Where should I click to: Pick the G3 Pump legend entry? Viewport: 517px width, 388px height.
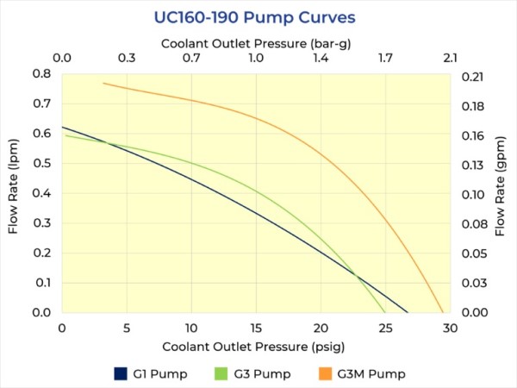252,374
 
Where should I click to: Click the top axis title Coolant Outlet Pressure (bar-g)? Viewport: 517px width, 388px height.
256,42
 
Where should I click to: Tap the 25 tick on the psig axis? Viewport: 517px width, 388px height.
385,328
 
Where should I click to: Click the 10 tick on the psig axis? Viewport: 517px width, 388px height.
191,328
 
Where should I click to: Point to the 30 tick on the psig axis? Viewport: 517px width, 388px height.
450,328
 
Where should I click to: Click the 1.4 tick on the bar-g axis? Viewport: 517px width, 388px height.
321,59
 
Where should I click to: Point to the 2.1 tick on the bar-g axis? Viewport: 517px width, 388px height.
450,59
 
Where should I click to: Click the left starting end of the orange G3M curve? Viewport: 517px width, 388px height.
103,83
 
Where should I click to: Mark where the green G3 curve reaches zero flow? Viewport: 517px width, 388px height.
385,312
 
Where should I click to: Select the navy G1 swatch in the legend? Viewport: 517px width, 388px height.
121,374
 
